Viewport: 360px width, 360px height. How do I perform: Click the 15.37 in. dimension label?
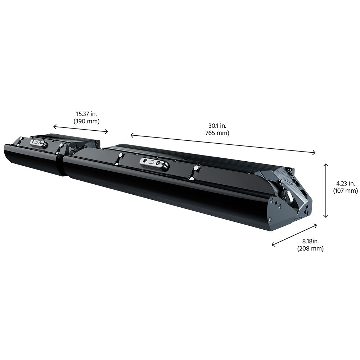pyautogui.click(x=86, y=114)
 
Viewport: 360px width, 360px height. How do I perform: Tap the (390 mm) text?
pyautogui.click(x=86, y=121)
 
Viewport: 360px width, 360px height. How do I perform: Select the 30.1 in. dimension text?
pyautogui.click(x=217, y=126)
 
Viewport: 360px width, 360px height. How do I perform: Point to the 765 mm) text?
pyautogui.click(x=217, y=133)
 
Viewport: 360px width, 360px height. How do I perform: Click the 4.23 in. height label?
pyautogui.click(x=346, y=184)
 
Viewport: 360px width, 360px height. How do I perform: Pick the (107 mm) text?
pyautogui.click(x=346, y=190)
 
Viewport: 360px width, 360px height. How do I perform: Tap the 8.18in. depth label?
pyautogui.click(x=310, y=241)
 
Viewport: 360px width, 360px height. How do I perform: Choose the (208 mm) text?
pyautogui.click(x=310, y=248)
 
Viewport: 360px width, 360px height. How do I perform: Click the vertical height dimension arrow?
pyautogui.click(x=325, y=190)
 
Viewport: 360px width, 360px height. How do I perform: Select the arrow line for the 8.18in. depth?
pyautogui.click(x=294, y=235)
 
